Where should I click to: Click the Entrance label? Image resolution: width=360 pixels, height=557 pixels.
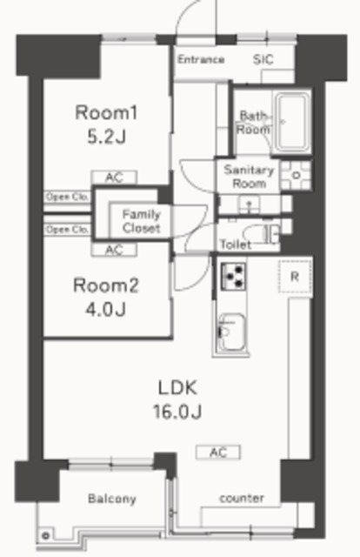coord(201,59)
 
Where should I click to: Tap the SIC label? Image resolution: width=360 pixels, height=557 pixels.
coord(263,60)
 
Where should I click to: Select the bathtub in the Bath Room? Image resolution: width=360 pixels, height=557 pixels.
coord(292,122)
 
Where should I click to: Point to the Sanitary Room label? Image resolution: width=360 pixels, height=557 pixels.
coord(249,177)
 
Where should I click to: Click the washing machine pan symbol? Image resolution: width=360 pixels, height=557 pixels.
coord(296,176)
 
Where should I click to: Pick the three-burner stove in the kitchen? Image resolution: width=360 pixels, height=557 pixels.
coord(233,276)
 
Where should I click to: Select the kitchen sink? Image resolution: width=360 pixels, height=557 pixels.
coord(231,332)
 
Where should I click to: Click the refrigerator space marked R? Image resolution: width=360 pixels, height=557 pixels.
coord(295,277)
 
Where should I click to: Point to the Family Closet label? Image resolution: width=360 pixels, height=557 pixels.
coord(141,221)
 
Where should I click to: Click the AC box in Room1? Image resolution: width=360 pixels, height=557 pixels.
coord(114,178)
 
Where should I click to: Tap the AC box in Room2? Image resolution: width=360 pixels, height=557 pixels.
coord(114,250)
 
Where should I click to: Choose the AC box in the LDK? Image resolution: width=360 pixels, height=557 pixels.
coord(218,453)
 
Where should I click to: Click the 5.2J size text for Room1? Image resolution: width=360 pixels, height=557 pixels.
coord(106,137)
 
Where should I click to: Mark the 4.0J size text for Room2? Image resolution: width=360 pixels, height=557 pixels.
coord(106,310)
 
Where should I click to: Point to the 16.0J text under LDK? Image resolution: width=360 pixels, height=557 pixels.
coord(177,412)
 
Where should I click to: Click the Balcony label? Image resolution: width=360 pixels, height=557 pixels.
coord(112,499)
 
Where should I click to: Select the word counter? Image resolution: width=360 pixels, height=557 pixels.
coord(242,498)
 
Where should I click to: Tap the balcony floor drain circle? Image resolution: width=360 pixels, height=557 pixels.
coord(45,536)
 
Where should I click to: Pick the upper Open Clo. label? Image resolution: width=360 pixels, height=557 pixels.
coord(66,198)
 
